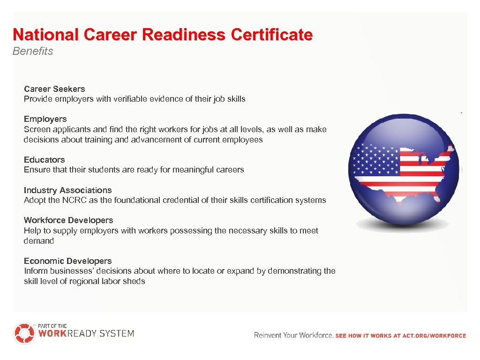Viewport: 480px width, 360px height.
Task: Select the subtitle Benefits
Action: (33, 51)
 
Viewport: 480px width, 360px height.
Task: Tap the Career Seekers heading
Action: (54, 89)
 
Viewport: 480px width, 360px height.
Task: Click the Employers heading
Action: (45, 119)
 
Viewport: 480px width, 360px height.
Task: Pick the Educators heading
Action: (44, 160)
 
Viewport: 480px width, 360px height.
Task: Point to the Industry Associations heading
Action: (67, 190)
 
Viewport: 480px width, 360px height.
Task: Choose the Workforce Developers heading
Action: (68, 220)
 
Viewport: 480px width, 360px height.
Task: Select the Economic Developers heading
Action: (67, 261)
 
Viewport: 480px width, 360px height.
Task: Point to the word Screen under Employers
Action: (36, 129)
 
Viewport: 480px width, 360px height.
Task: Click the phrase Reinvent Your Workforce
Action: (293, 335)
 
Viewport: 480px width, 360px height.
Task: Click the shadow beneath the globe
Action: (405, 225)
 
